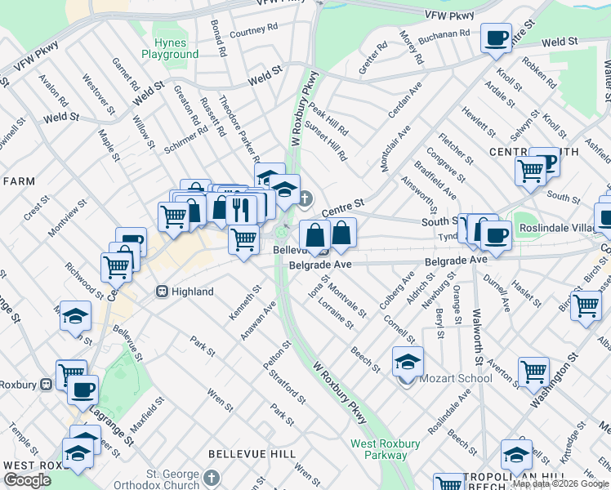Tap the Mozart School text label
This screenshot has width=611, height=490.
(455, 378)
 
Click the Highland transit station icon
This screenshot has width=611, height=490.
(162, 292)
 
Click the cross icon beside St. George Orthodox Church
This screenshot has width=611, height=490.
(212, 477)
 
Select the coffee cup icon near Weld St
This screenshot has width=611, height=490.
(496, 38)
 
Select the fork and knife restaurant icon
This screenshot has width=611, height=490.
(239, 208)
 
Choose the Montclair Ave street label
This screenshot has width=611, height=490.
(395, 148)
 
